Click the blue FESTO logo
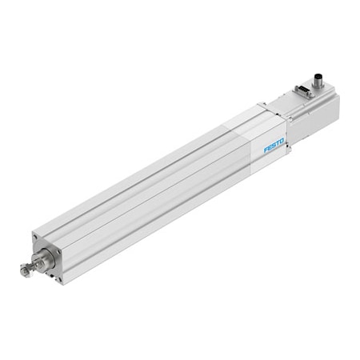pyautogui.click(x=275, y=146)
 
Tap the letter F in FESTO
pyautogui.click(x=266, y=150)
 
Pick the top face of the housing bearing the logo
pyautogui.click(x=248, y=120)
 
